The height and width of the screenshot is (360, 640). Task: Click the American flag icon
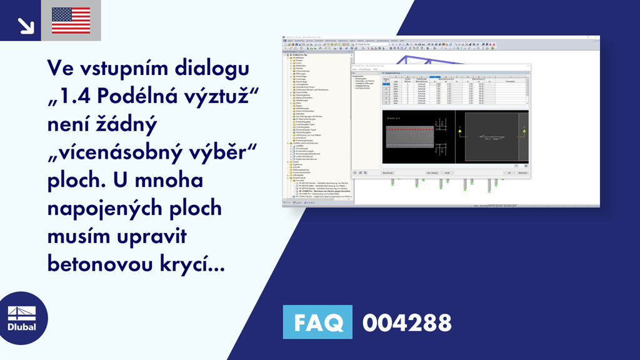click(x=71, y=21)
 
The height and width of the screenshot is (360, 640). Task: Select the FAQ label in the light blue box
click(x=317, y=322)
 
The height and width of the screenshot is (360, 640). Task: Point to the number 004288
click(x=407, y=322)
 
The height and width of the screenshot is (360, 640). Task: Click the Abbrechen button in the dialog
click(x=522, y=172)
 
